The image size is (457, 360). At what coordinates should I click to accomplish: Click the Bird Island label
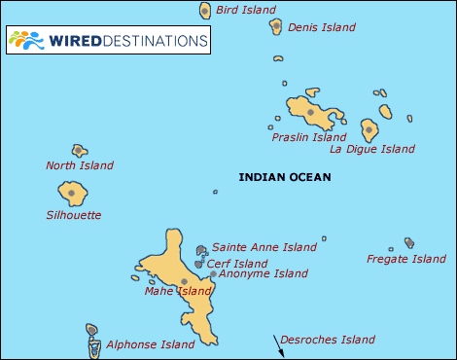[x=245, y=10]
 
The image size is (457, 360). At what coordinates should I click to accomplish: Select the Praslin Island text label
[x=308, y=137]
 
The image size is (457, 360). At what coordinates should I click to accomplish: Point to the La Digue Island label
[x=372, y=149]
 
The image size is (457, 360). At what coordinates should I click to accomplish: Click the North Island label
[x=79, y=165]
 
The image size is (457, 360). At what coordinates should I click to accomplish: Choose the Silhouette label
[x=74, y=215]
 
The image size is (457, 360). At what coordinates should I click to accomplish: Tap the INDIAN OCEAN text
[x=285, y=177]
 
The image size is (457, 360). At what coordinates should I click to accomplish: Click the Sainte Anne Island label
[x=264, y=247]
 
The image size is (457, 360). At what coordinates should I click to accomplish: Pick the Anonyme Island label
[x=263, y=273]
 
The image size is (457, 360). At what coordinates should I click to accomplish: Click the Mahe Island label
[x=177, y=291]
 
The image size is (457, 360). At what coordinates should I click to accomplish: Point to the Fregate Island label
[x=406, y=259]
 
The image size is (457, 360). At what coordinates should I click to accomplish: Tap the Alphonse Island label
[x=150, y=344]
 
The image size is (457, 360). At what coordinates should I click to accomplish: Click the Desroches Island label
[x=327, y=340]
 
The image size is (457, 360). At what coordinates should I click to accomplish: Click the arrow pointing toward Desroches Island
[x=279, y=350]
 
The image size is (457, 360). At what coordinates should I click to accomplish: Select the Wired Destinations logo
[x=107, y=41]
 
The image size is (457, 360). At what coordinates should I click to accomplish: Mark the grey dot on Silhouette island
[x=71, y=193]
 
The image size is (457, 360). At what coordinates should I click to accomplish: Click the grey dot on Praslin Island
[x=310, y=112]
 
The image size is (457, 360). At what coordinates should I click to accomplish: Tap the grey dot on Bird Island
[x=205, y=11]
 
